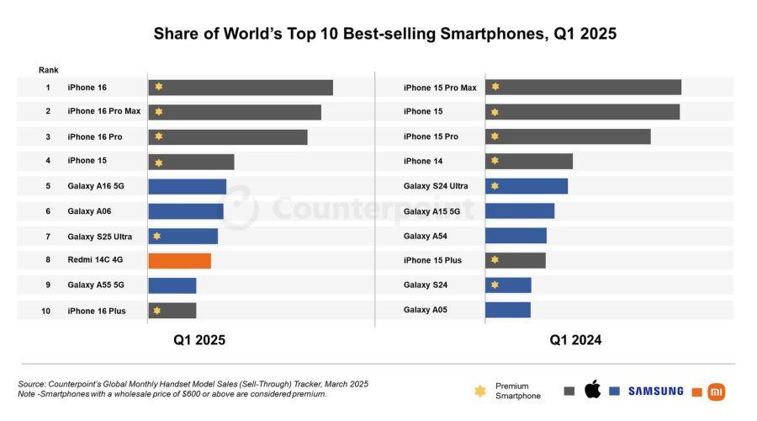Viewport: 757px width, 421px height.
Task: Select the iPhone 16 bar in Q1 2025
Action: (241, 88)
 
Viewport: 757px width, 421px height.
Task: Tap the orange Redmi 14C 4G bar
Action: (179, 261)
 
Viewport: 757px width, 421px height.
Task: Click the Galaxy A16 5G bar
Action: (187, 186)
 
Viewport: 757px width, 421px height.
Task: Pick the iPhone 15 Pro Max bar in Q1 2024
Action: (583, 88)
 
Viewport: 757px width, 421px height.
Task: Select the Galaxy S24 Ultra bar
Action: (527, 186)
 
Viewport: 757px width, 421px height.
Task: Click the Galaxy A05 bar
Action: (507, 310)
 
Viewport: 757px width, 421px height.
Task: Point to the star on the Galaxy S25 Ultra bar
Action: (157, 237)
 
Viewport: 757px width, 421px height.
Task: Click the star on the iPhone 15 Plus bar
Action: (495, 260)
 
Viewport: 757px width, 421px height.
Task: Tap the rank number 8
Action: (48, 261)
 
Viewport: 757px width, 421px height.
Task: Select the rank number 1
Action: (48, 88)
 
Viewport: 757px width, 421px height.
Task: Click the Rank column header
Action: (49, 70)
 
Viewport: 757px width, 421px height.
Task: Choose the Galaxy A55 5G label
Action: (94, 285)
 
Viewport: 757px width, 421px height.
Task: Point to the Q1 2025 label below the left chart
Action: (199, 340)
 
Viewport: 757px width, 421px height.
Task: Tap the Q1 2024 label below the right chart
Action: (575, 340)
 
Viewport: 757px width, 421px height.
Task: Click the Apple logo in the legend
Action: (592, 389)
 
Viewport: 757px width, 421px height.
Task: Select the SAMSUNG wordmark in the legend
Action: (655, 391)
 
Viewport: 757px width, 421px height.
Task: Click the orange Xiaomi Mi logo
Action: (717, 392)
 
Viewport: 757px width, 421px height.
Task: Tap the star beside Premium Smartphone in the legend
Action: (480, 391)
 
